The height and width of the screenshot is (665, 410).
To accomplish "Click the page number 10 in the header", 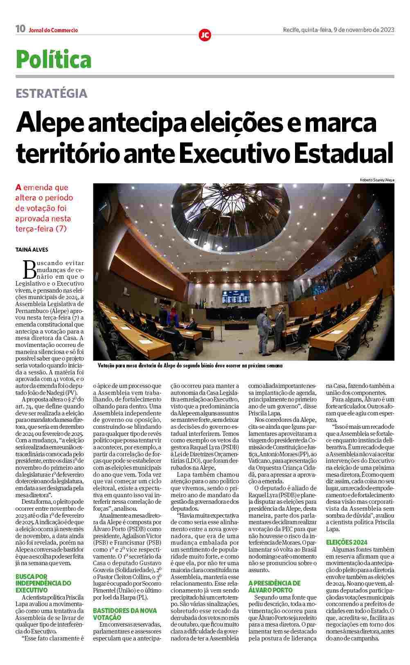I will (20, 29).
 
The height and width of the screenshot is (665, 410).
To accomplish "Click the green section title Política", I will (54, 59).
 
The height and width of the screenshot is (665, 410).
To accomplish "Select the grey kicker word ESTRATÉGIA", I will (52, 93).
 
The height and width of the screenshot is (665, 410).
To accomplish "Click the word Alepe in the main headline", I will (53, 122).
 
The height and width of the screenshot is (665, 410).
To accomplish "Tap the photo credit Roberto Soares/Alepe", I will (377, 180).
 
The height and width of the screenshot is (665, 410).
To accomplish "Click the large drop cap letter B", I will (30, 270).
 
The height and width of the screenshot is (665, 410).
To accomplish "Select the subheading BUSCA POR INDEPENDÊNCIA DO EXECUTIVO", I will (43, 583).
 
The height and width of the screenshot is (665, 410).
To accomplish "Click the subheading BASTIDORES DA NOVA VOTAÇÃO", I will (125, 614).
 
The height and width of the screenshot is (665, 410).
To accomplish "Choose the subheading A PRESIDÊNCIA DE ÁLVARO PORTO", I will (274, 586).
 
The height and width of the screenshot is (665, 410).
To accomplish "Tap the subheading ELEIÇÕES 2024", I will (347, 542).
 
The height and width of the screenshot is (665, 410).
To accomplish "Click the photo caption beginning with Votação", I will (190, 366).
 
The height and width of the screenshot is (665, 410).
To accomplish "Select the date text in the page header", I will (338, 29).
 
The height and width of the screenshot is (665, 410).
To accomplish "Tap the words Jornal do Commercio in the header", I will (53, 30).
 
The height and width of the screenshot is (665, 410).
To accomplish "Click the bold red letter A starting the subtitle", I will (18, 188).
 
